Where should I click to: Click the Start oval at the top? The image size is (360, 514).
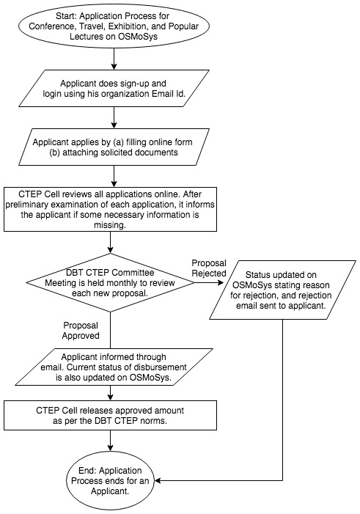[x=114, y=26]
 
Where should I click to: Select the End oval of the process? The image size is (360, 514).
[x=111, y=480]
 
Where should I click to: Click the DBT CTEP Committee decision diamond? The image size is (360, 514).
[x=111, y=282]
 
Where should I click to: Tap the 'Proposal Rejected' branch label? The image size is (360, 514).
[x=209, y=268]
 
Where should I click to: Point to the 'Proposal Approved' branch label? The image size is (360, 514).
[x=81, y=331]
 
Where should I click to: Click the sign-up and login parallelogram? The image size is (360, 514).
[x=114, y=88]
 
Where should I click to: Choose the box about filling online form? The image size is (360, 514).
[x=114, y=147]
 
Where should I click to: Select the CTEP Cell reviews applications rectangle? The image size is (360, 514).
[x=111, y=210]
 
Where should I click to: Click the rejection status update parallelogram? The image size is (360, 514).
[x=282, y=290]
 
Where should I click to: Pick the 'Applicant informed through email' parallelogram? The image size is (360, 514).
[x=114, y=367]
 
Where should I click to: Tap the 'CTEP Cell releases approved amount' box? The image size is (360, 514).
[x=111, y=415]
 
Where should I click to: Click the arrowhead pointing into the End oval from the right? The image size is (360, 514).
[x=157, y=480]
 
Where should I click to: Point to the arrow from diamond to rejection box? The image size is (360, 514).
[x=209, y=282]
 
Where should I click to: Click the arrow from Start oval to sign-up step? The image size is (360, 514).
[x=114, y=59]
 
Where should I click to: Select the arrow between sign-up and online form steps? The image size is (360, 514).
[x=114, y=117]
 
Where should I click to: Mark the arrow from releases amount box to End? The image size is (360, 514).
[x=111, y=440]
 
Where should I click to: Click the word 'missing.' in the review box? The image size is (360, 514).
[x=110, y=226]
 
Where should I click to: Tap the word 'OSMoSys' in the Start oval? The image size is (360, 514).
[x=137, y=37]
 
